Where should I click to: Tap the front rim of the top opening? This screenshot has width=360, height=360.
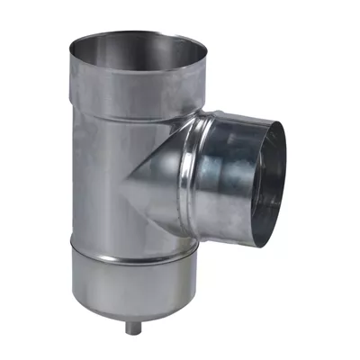[135, 75]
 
